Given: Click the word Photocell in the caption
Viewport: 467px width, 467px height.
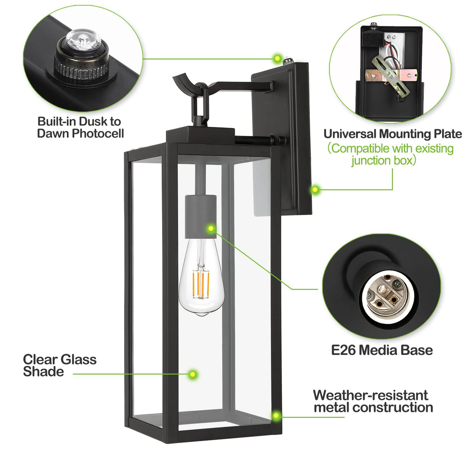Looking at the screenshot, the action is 98,133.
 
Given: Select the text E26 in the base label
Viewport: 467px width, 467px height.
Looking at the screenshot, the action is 343,350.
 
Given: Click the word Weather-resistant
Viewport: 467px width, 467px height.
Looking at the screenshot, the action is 370,395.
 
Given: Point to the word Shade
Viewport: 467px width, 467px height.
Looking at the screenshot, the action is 43,372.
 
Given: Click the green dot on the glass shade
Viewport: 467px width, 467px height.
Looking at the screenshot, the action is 193,374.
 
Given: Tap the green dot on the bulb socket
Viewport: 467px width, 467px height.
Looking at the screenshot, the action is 211,228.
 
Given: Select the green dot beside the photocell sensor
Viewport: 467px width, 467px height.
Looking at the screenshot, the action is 277,58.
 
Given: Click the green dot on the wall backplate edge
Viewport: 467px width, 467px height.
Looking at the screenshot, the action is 315,190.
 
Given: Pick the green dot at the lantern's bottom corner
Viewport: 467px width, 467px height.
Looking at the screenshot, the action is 276,416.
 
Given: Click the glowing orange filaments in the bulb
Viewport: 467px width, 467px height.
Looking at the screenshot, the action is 201,284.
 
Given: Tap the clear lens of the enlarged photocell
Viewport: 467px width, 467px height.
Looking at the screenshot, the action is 83,40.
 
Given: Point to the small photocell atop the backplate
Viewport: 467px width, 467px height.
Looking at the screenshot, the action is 288,61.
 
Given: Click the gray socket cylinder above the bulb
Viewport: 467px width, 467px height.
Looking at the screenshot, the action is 201,216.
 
